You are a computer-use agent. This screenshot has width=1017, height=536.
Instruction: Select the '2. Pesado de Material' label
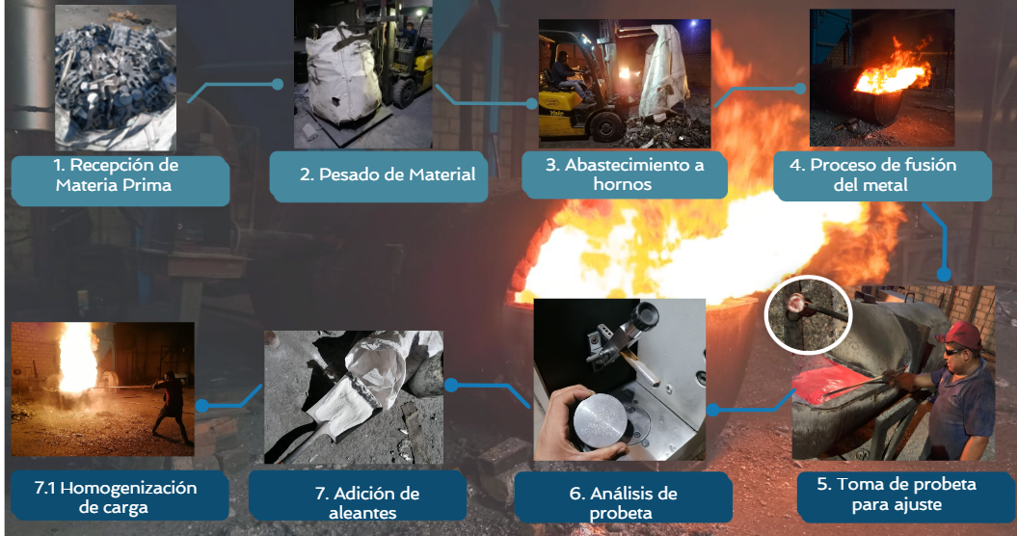click(388, 174)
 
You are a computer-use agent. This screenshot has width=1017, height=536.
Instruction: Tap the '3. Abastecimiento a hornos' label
click(624, 174)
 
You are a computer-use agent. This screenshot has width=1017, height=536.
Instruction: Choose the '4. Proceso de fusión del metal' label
click(872, 174)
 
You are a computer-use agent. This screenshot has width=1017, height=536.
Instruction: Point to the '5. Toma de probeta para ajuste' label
click(897, 494)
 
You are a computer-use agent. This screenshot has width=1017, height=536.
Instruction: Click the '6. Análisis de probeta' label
click(623, 503)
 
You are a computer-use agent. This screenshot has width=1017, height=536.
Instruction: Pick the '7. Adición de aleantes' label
click(366, 503)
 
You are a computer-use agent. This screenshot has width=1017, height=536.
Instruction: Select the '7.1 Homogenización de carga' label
click(115, 497)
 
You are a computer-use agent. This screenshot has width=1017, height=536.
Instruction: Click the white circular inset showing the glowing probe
click(808, 314)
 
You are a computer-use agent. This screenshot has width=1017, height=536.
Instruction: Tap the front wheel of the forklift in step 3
click(606, 126)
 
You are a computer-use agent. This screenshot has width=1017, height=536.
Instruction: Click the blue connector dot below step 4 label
click(944, 275)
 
